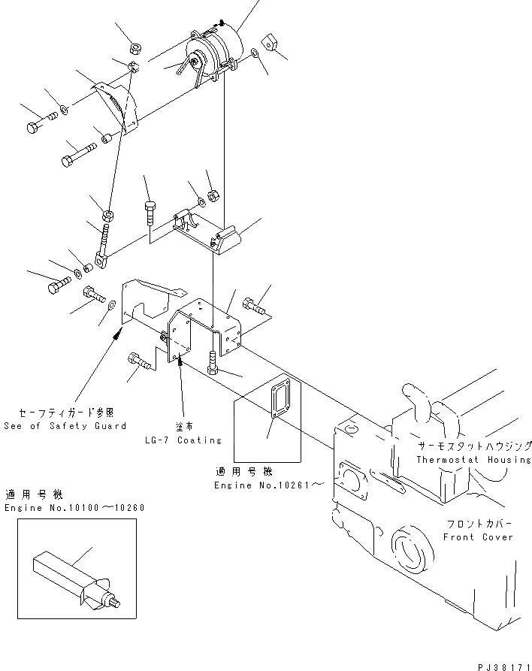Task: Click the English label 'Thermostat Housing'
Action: pyautogui.click(x=473, y=459)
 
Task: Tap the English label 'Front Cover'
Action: pyautogui.click(x=478, y=536)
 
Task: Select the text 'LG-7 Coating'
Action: pyautogui.click(x=183, y=440)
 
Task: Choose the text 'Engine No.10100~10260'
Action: pyautogui.click(x=74, y=508)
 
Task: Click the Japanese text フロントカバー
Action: pyautogui.click(x=478, y=524)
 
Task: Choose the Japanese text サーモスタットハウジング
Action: pyautogui.click(x=475, y=446)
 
